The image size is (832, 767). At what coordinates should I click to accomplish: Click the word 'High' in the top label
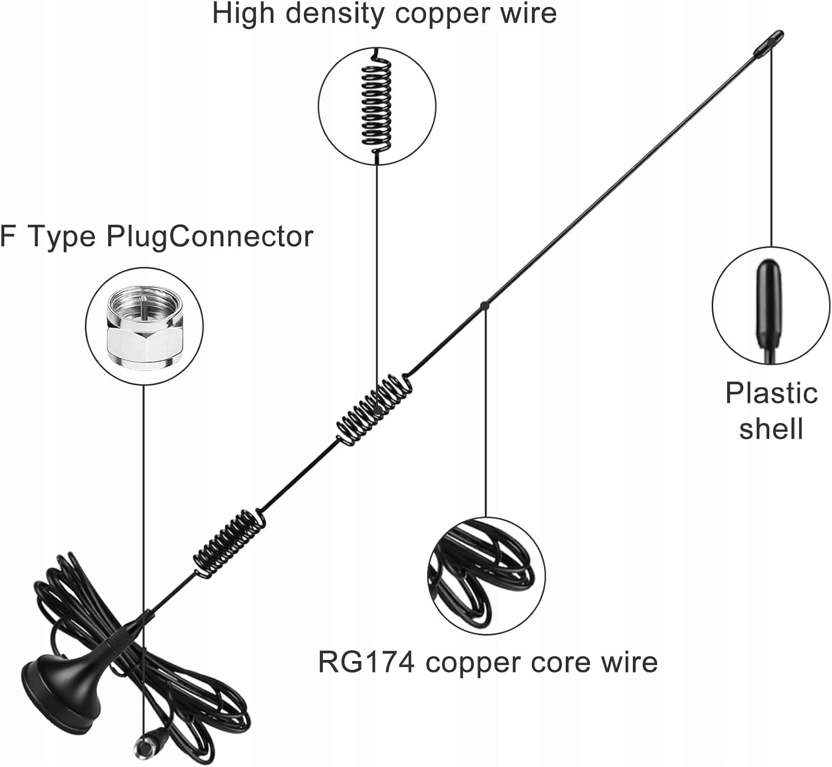pos(243,13)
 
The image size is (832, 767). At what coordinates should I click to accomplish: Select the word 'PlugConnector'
pos(210,236)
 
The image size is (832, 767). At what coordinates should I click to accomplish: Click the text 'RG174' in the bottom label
pos(366,662)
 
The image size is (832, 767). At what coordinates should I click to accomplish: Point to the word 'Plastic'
pos(772,393)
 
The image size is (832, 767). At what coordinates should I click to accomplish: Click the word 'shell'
pos(771,429)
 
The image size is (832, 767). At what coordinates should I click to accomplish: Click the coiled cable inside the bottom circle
pos(486,577)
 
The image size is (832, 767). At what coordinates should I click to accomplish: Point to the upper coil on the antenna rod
pos(374,408)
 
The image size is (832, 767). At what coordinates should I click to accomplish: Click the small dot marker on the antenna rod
pos(484,305)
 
